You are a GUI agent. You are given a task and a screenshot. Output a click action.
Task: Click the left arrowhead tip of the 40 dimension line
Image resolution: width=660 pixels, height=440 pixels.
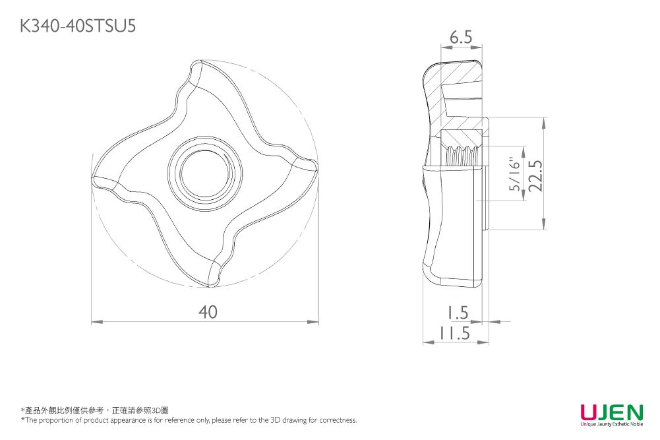coord(92,322)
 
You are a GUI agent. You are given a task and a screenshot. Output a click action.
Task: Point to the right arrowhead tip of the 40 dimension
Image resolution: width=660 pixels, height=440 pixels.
coord(318,322)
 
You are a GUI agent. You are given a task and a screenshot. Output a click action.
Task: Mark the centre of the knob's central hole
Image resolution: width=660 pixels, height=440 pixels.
coord(205,173)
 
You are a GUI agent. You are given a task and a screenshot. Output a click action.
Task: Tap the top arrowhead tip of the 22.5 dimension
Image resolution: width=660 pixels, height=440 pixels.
coord(544,117)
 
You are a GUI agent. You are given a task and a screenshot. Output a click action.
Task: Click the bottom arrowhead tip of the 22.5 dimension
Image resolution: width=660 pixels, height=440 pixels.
coord(544,230)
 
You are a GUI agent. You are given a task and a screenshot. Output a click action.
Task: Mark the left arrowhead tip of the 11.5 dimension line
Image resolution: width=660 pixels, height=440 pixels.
coord(423,342)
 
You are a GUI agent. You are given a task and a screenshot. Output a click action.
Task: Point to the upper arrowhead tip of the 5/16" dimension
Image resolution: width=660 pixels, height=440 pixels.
coord(524,147)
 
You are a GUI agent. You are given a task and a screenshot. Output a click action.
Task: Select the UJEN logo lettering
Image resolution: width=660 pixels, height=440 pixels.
coord(612,412)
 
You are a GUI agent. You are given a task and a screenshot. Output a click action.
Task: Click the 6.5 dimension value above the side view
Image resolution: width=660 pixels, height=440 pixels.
coord(461,38)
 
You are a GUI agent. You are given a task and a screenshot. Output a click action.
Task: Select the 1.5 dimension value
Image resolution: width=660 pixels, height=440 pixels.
coord(457,313)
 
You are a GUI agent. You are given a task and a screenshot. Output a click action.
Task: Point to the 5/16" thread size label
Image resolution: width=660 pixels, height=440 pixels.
coord(515,174)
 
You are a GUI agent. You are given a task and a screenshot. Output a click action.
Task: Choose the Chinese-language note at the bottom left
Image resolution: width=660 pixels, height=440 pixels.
coord(95,410)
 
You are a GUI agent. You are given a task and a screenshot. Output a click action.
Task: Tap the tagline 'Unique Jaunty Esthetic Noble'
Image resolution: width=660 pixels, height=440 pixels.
coord(612,424)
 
